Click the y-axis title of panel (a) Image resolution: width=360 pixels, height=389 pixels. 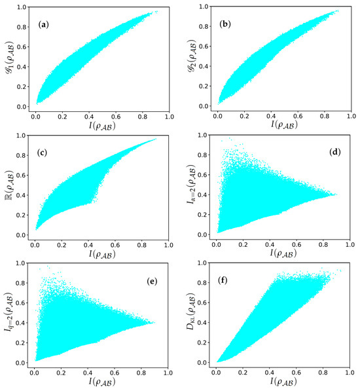[x=8, y=59]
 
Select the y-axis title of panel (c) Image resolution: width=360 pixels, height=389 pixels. [x=8, y=187]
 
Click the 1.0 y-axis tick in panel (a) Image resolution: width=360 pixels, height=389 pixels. [x=22, y=7]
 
